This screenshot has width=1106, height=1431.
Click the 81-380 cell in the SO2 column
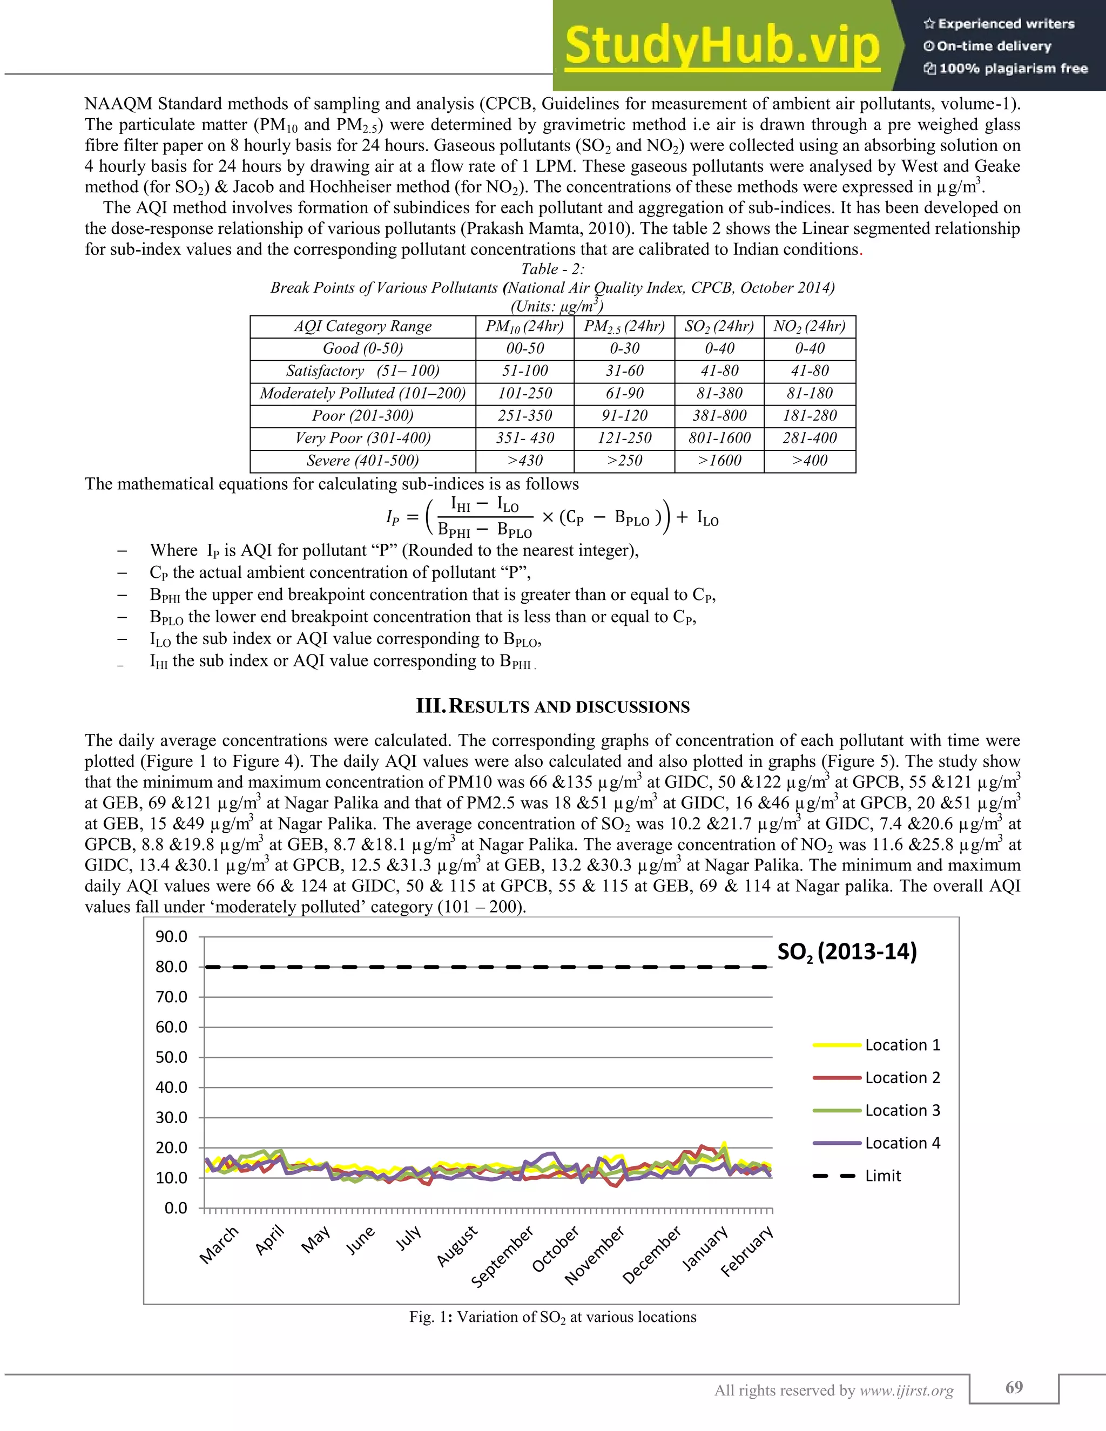719,393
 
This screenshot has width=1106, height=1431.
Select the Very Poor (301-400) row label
362,438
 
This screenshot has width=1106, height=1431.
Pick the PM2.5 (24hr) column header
624,326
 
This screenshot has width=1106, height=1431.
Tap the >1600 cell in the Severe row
719,461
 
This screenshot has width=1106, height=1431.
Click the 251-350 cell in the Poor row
525,415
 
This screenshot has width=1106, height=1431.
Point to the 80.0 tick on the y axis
172,967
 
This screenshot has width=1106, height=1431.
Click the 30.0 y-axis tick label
172,1117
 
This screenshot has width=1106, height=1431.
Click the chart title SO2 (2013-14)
847,951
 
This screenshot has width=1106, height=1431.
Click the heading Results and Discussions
552,706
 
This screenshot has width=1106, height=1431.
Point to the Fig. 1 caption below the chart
552,1317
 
